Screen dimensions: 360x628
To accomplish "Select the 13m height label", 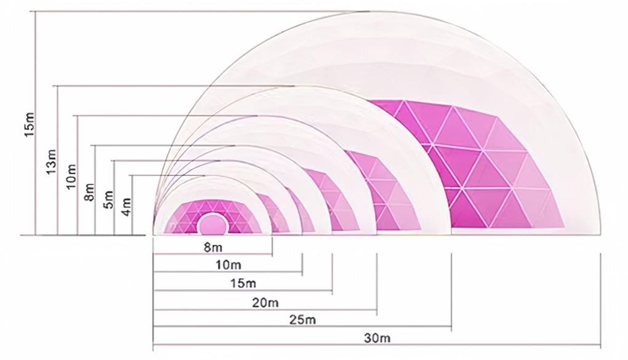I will click(50, 161).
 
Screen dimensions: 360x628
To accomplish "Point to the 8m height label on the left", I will click(89, 192).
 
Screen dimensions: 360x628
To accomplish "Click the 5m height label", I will click(108, 198).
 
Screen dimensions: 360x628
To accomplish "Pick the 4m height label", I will click(127, 205).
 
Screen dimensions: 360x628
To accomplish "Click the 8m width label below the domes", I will click(212, 248).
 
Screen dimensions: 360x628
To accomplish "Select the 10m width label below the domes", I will click(228, 265).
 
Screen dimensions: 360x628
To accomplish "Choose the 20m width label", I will click(265, 302).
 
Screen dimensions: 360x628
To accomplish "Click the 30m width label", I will click(376, 338).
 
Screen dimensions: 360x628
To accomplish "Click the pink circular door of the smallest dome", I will click(212, 223).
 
